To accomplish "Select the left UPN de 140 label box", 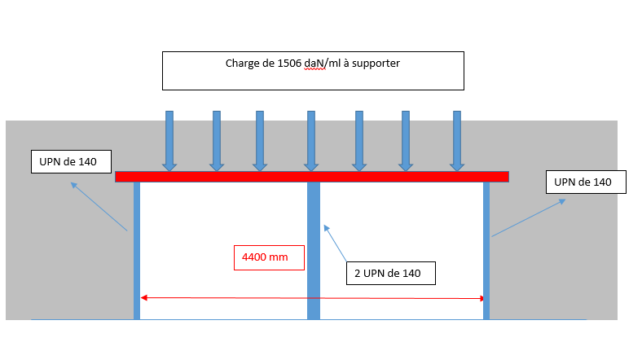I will (x=69, y=162).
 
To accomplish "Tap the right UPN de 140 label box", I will (x=584, y=182).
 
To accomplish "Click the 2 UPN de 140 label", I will (x=390, y=273).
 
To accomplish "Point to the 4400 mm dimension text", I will (x=266, y=257).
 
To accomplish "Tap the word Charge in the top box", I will (x=242, y=64).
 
